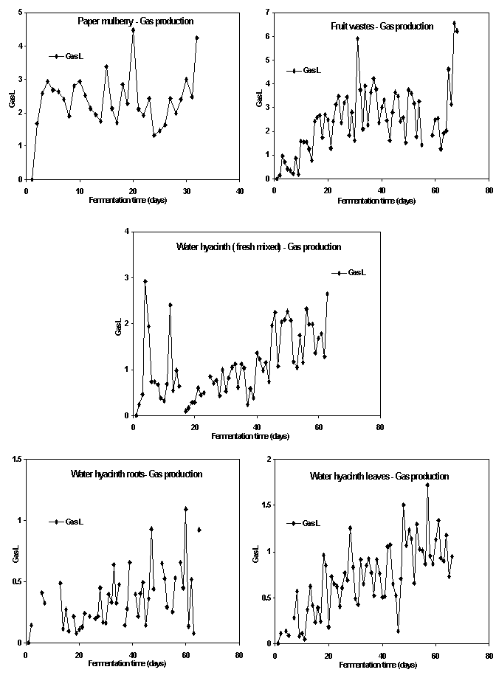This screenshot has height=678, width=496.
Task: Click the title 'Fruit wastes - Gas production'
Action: (382, 26)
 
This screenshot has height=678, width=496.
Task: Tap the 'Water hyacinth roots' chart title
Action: (137, 474)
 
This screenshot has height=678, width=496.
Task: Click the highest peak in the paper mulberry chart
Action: (133, 30)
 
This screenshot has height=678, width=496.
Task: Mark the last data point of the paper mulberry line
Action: (197, 38)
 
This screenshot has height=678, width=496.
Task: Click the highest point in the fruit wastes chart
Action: (455, 23)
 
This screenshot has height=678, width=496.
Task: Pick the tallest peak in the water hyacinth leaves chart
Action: (427, 485)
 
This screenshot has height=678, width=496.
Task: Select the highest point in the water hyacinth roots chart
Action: (186, 508)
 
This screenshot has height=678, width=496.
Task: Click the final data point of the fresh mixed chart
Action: (327, 294)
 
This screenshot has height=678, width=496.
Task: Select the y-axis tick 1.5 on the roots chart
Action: (16, 460)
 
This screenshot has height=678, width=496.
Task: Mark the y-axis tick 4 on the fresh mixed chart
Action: (127, 232)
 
